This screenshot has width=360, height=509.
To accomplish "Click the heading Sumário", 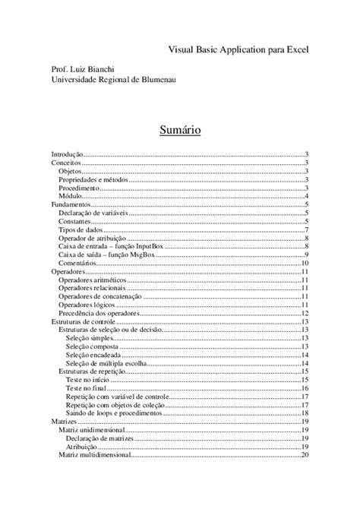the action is pos(180,130).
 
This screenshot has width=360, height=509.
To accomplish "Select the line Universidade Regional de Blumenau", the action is pos(112,81).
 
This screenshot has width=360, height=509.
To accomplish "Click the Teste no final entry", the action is pos(87,389).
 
